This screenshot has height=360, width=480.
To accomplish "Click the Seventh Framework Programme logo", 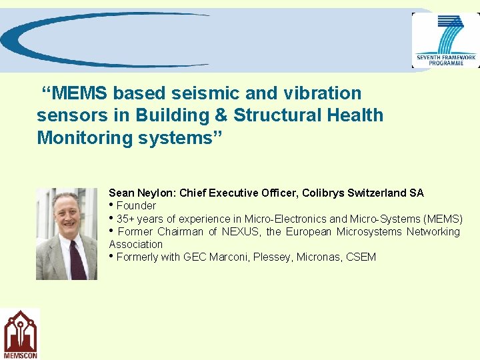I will tap(445, 40).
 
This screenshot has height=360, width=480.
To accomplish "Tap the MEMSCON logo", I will tap(21, 334).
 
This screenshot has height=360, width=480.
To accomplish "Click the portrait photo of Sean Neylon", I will tap(67, 233).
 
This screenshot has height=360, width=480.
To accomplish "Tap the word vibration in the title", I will tap(322, 93).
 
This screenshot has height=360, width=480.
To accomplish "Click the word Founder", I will tap(136, 205).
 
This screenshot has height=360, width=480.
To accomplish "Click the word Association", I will tap(136, 244).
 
